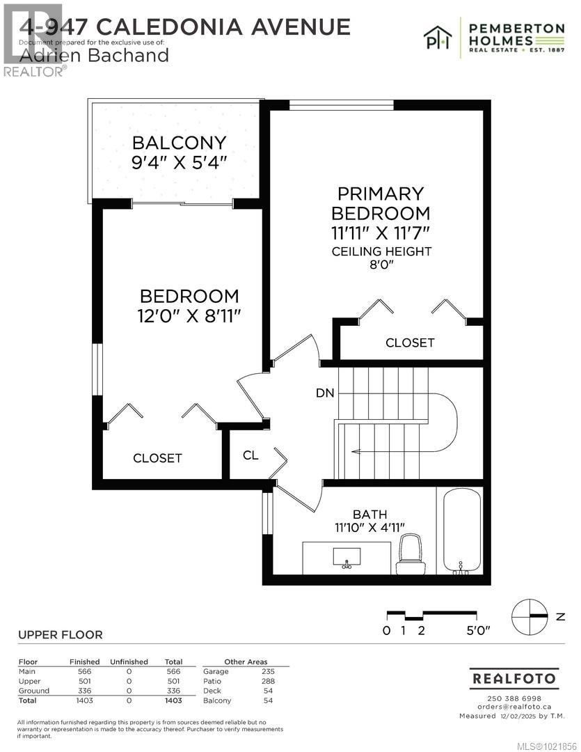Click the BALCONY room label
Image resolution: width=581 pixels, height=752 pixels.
coord(180,143)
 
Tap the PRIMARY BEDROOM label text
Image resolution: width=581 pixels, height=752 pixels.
coord(381,203)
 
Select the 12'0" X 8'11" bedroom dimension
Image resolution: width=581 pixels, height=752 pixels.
coord(189,315)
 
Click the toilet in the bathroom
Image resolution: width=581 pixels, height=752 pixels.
coord(409,556)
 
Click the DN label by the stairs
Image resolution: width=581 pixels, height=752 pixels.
coord(325,393)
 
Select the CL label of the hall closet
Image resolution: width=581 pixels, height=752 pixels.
coord(250,455)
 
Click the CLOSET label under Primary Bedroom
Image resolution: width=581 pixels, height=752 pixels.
coord(410,343)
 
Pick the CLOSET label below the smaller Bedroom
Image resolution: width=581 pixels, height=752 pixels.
coord(157,457)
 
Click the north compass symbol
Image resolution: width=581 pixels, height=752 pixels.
coord(530,616)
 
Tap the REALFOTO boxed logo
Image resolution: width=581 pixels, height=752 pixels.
coord(514,677)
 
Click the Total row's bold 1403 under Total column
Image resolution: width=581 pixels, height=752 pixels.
coord(173,700)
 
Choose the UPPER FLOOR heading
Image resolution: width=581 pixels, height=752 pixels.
coord(60,634)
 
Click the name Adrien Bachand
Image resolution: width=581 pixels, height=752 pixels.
coord(93,55)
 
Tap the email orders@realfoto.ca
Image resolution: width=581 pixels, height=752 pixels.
coord(514,707)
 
